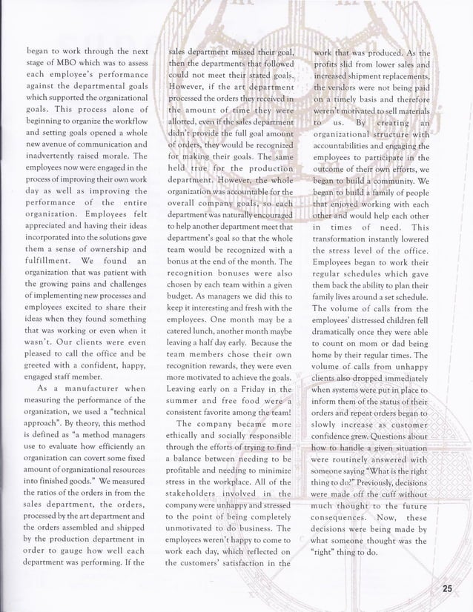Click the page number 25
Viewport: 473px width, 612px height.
(x=446, y=588)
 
